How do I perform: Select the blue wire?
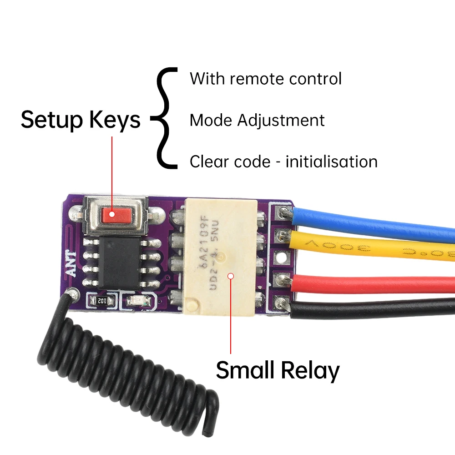373,222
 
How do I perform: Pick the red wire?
373,284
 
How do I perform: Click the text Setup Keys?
81,120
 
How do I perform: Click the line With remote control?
265,79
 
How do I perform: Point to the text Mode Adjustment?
257,121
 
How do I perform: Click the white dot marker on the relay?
231,276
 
